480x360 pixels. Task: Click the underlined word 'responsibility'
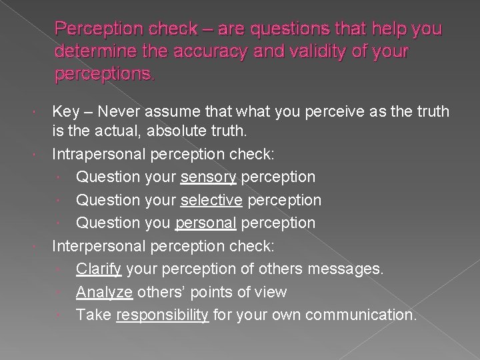162,315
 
